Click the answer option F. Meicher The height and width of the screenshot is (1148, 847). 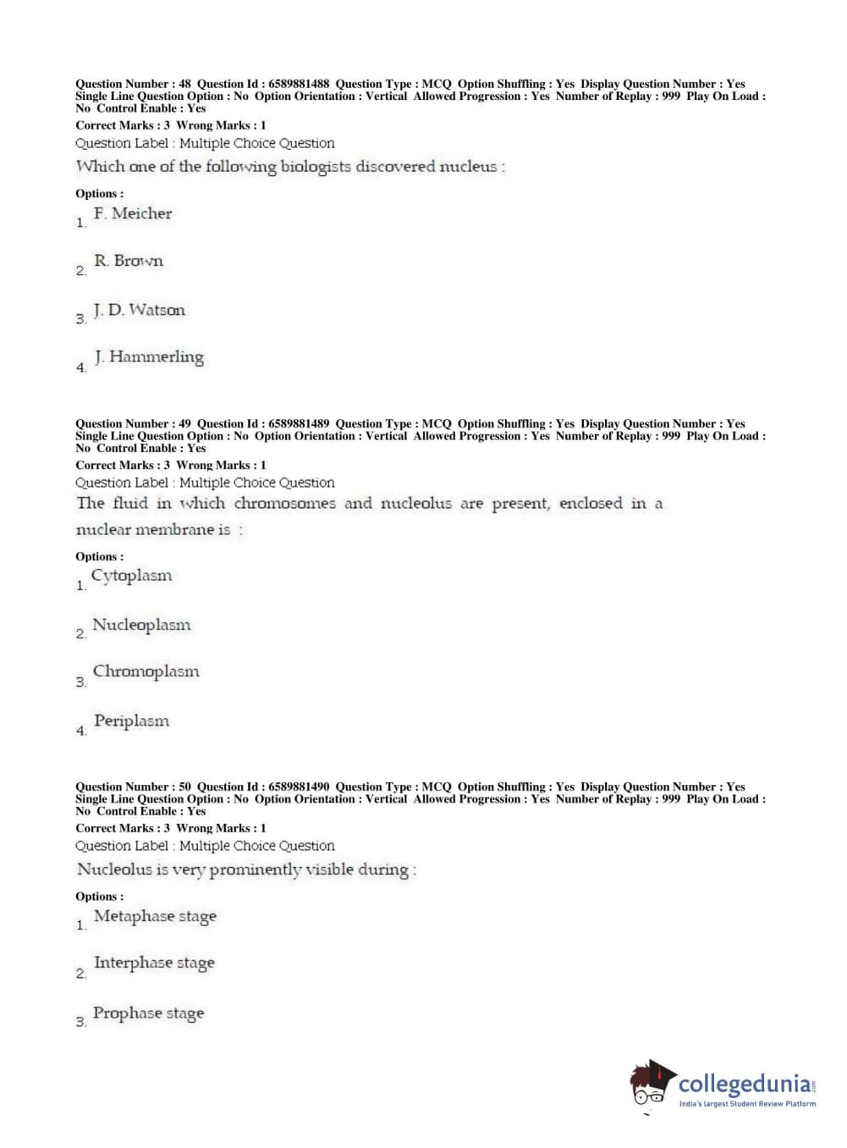pos(132,213)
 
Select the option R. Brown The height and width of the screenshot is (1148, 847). pos(128,261)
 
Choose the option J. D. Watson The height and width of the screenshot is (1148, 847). pos(139,310)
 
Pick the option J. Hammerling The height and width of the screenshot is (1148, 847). pos(148,357)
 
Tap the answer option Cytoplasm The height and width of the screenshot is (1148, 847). pos(131,576)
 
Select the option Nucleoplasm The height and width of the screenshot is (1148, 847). pos(141,625)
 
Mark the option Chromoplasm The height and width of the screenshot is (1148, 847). pos(146,671)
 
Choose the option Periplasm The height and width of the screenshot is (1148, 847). pos(131,721)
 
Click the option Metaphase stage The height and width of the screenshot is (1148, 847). pos(155,916)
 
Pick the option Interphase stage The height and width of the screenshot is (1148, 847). pos(154,963)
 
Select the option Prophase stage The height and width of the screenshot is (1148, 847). pos(148,1013)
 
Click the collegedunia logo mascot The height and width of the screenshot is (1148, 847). pos(652,1084)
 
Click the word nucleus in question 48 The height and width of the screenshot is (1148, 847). pos(468,167)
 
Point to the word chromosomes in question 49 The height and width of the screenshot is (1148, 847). pos(284,504)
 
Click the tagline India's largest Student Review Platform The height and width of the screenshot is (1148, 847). pos(747,1104)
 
